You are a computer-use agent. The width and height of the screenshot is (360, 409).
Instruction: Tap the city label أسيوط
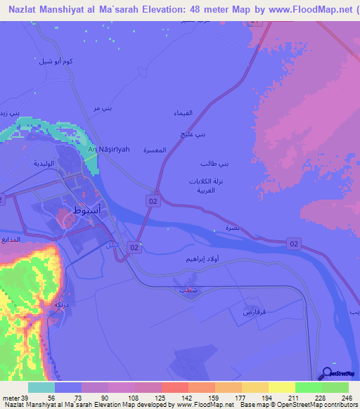[86, 209]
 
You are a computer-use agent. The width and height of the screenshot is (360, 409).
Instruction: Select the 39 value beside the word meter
[26, 396]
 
